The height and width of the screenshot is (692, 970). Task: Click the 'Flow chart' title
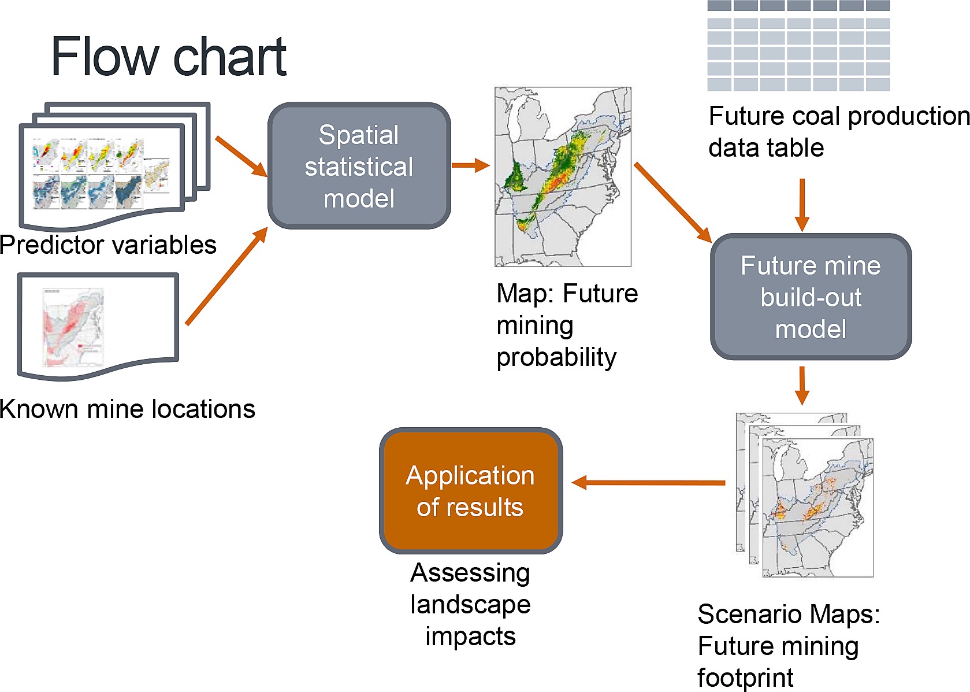[x=169, y=56]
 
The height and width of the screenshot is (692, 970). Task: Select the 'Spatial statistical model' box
[x=359, y=166]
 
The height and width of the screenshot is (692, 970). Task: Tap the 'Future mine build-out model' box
[x=811, y=297]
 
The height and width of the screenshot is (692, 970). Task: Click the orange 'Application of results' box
[x=471, y=490]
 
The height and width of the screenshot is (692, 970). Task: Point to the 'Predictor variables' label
[x=108, y=245]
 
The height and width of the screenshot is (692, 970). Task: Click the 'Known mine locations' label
[x=127, y=409]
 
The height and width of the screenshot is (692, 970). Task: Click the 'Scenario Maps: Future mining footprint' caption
[x=789, y=646]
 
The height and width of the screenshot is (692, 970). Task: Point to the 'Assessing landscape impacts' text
[x=471, y=604]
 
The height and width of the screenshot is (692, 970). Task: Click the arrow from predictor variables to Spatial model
[x=241, y=157]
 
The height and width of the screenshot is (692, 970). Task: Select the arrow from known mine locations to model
[x=226, y=276]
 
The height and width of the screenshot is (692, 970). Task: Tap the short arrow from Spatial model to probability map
[x=471, y=165]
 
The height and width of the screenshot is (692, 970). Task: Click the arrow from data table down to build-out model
[x=802, y=205]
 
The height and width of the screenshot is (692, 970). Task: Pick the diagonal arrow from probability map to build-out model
[x=672, y=203]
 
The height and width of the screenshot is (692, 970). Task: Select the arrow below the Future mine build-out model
[x=802, y=386]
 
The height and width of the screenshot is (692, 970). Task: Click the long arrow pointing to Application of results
[x=648, y=482]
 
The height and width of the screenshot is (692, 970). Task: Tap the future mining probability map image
[x=563, y=177]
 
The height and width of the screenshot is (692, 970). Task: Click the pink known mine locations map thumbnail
[x=73, y=328]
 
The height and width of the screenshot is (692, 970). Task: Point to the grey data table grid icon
[x=798, y=46]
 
